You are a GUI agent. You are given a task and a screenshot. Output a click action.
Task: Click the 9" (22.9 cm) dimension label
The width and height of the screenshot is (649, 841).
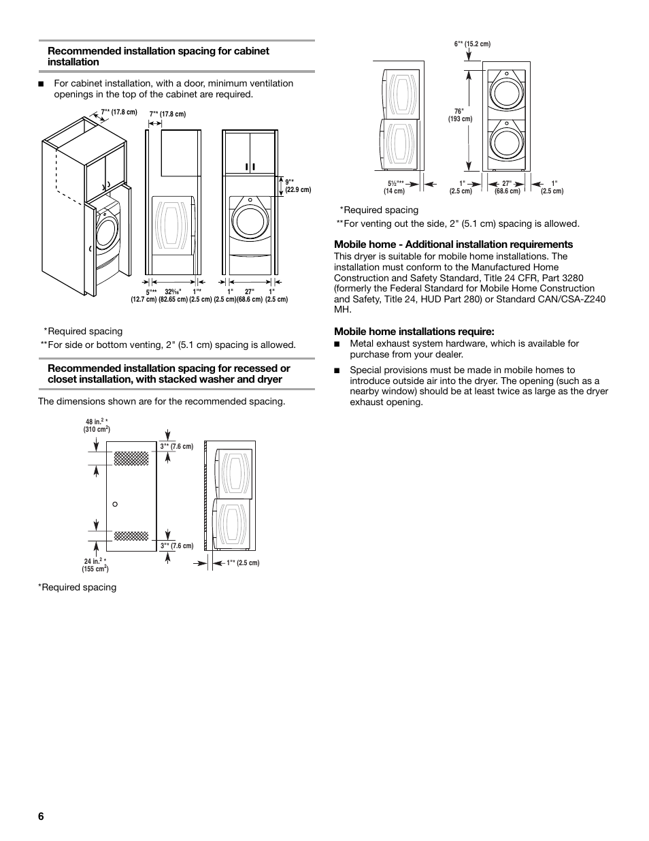(x=297, y=186)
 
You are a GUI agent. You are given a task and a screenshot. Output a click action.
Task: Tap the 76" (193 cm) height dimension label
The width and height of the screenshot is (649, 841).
(x=460, y=115)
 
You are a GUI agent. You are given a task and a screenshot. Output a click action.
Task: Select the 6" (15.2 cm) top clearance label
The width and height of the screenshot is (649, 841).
(x=472, y=44)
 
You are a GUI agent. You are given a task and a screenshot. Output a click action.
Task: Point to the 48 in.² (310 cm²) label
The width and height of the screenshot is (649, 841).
(x=97, y=426)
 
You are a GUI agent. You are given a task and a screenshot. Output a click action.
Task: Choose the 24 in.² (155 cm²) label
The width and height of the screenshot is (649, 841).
(x=95, y=565)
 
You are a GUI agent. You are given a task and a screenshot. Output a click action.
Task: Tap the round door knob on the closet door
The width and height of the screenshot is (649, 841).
(x=115, y=504)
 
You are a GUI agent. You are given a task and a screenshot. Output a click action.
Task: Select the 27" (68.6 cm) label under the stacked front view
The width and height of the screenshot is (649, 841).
(x=507, y=187)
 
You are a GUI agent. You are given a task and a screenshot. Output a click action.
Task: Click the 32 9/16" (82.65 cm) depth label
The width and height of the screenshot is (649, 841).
(x=173, y=296)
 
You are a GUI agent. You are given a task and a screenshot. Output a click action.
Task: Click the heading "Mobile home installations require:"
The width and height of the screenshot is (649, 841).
(x=414, y=332)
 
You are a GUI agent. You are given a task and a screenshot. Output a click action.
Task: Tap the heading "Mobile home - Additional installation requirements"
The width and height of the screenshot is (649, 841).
(x=453, y=244)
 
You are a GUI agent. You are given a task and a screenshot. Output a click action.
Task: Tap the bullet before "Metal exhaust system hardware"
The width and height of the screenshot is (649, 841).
(x=337, y=344)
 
